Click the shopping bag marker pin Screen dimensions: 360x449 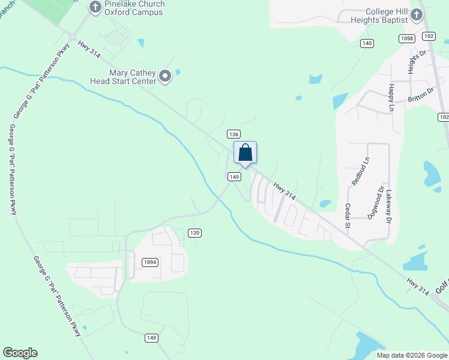tap(245, 152)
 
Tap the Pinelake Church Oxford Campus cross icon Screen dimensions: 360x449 tap(95, 7)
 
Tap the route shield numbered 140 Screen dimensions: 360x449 tap(367, 43)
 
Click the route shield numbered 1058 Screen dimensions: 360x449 tap(406, 38)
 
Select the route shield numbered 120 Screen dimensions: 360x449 tap(194, 233)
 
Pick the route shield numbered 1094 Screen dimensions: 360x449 tap(150, 262)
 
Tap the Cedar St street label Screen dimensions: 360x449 tap(348, 212)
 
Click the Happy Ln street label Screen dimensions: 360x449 tap(391, 97)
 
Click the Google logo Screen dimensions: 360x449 tap(20, 353)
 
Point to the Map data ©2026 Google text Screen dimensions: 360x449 tap(412, 355)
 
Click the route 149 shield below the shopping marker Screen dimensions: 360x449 tap(234, 176)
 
